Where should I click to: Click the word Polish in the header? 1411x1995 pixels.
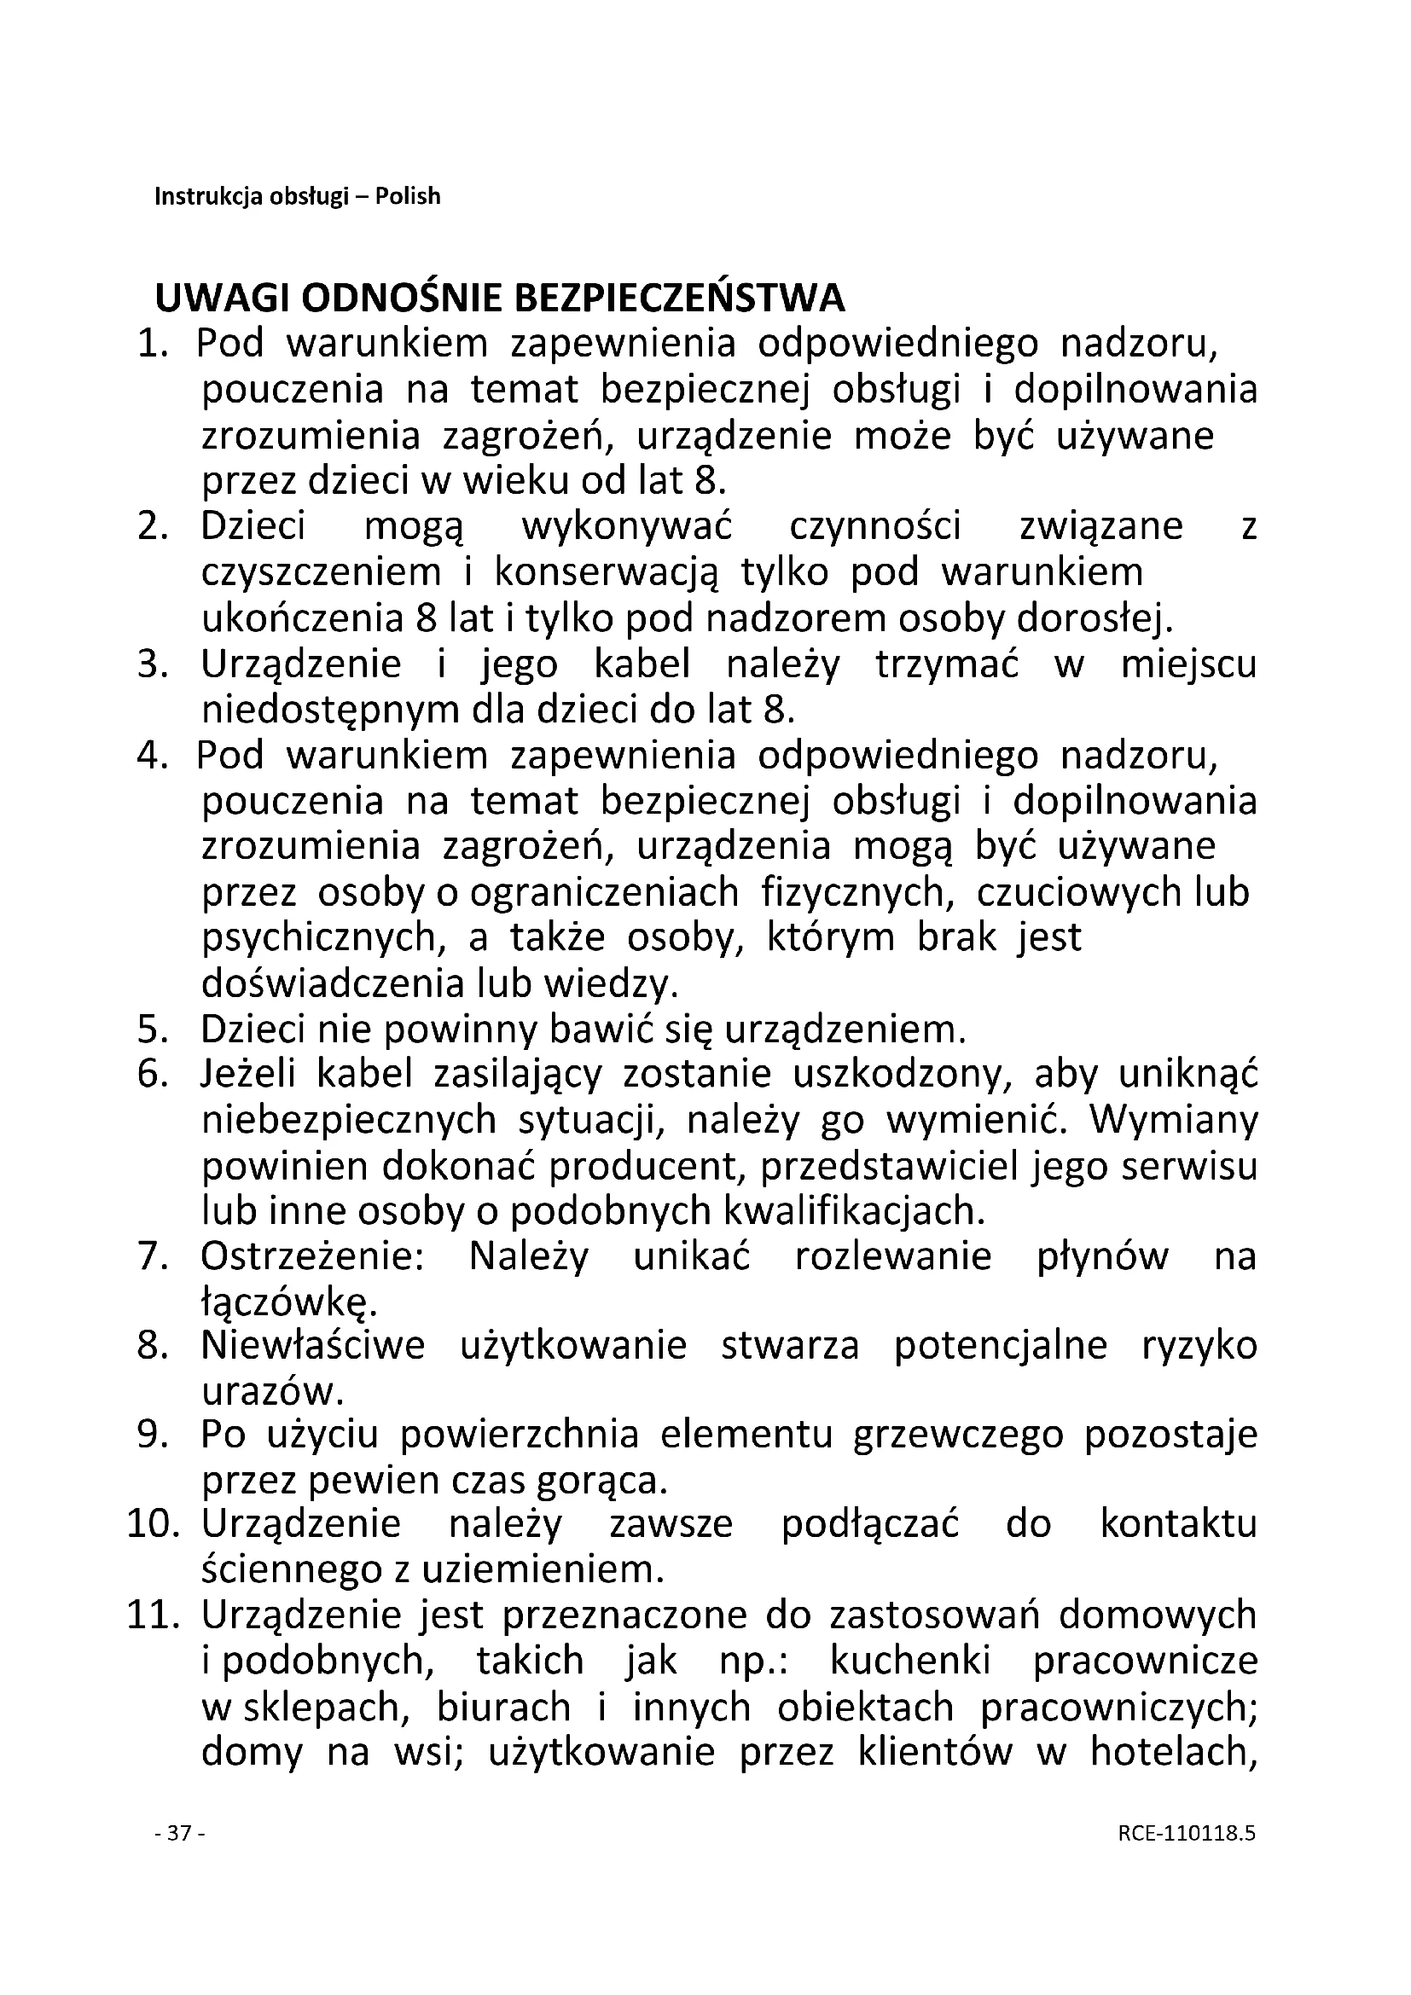(x=408, y=197)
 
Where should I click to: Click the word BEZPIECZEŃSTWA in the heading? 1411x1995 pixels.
(x=679, y=299)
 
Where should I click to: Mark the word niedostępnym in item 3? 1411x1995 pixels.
(x=331, y=710)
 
